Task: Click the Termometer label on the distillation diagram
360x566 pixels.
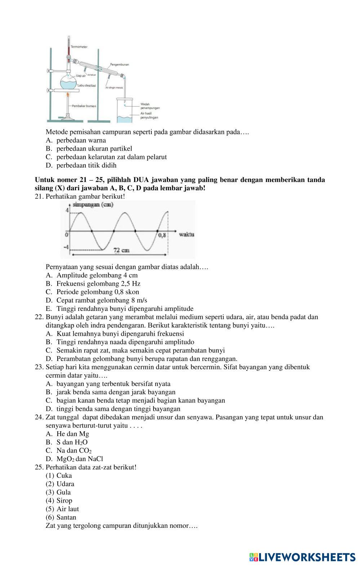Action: click(x=79, y=47)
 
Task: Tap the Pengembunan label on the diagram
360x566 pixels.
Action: click(x=119, y=64)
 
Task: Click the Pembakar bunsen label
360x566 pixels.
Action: click(x=84, y=106)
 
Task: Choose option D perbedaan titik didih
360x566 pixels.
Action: click(x=86, y=165)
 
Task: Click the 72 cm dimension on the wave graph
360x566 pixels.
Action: click(x=121, y=250)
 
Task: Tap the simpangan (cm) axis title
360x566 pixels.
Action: click(x=93, y=205)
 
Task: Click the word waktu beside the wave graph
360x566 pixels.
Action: click(x=186, y=235)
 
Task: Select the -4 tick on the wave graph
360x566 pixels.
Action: click(x=66, y=248)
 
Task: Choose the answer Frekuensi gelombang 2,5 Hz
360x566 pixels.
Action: click(x=98, y=284)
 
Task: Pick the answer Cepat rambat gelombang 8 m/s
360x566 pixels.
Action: click(x=102, y=300)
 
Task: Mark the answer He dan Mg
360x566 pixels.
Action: click(x=72, y=434)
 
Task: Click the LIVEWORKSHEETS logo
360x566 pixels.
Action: click(x=302, y=557)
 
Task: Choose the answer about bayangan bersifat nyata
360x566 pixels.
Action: click(x=113, y=384)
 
